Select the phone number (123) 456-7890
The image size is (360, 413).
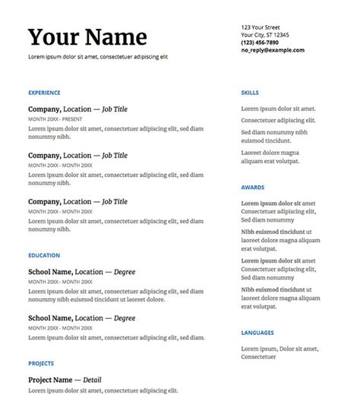(x=259, y=43)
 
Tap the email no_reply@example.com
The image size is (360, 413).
(x=273, y=50)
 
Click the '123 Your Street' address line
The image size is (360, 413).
(x=261, y=27)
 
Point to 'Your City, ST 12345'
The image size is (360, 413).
(x=264, y=35)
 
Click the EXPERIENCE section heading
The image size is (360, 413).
(x=44, y=93)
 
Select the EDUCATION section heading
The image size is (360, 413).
(x=43, y=255)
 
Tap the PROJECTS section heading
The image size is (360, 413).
(x=41, y=364)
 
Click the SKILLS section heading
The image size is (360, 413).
(x=250, y=93)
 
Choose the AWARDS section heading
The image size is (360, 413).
(x=251, y=188)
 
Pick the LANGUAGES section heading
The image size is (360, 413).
(x=257, y=333)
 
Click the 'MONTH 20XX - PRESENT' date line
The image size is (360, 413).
(x=55, y=119)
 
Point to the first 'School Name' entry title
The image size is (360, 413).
(x=49, y=272)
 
